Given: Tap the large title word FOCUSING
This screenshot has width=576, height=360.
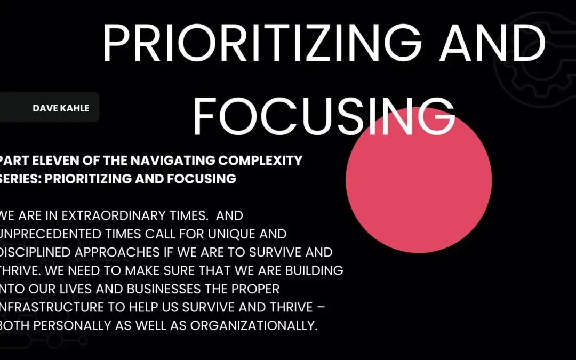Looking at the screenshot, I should tap(324, 115).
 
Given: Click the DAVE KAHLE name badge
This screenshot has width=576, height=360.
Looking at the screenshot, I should tap(61, 108).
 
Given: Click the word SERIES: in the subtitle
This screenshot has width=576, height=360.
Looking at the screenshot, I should tap(21, 179).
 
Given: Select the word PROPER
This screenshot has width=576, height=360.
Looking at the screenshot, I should tap(261, 289).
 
